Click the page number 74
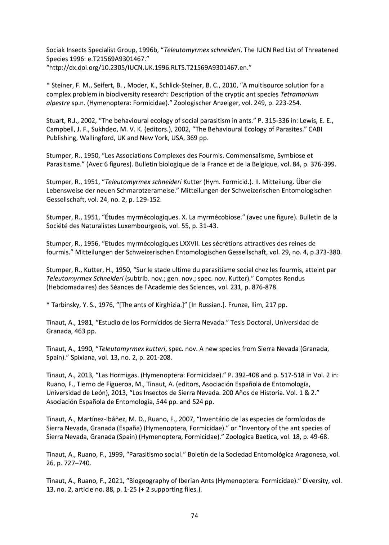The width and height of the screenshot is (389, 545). (194, 515)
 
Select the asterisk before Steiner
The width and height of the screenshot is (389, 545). (48, 85)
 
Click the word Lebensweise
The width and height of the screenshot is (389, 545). (66, 190)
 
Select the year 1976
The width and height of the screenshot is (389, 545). (108, 305)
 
